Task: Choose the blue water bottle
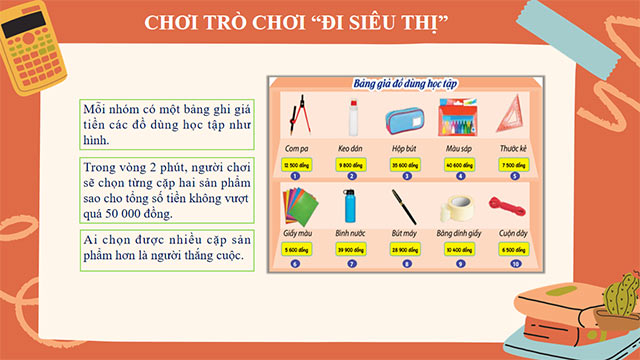point(350,208)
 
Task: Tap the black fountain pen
point(404,207)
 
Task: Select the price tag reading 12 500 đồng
point(297,164)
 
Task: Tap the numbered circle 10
point(513,264)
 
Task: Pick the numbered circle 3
point(404,176)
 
